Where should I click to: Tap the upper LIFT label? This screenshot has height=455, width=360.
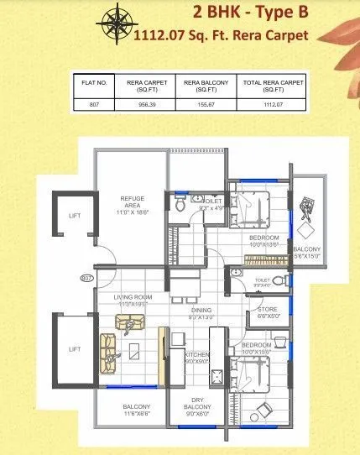point(74,216)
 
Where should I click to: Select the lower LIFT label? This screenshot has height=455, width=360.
point(74,347)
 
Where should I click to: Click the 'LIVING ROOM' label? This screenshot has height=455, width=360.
point(132,298)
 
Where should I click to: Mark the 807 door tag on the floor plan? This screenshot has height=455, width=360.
point(86,277)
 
